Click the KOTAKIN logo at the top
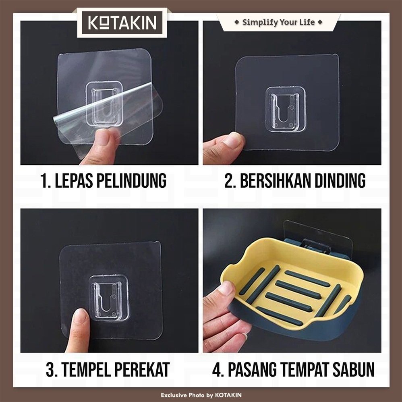[122, 23]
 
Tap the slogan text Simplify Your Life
[278, 22]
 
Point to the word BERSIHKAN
[276, 180]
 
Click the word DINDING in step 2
[340, 180]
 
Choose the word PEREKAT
[142, 369]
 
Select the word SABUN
[354, 369]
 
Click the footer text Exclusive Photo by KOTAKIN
[201, 395]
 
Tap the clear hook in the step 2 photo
[285, 109]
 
